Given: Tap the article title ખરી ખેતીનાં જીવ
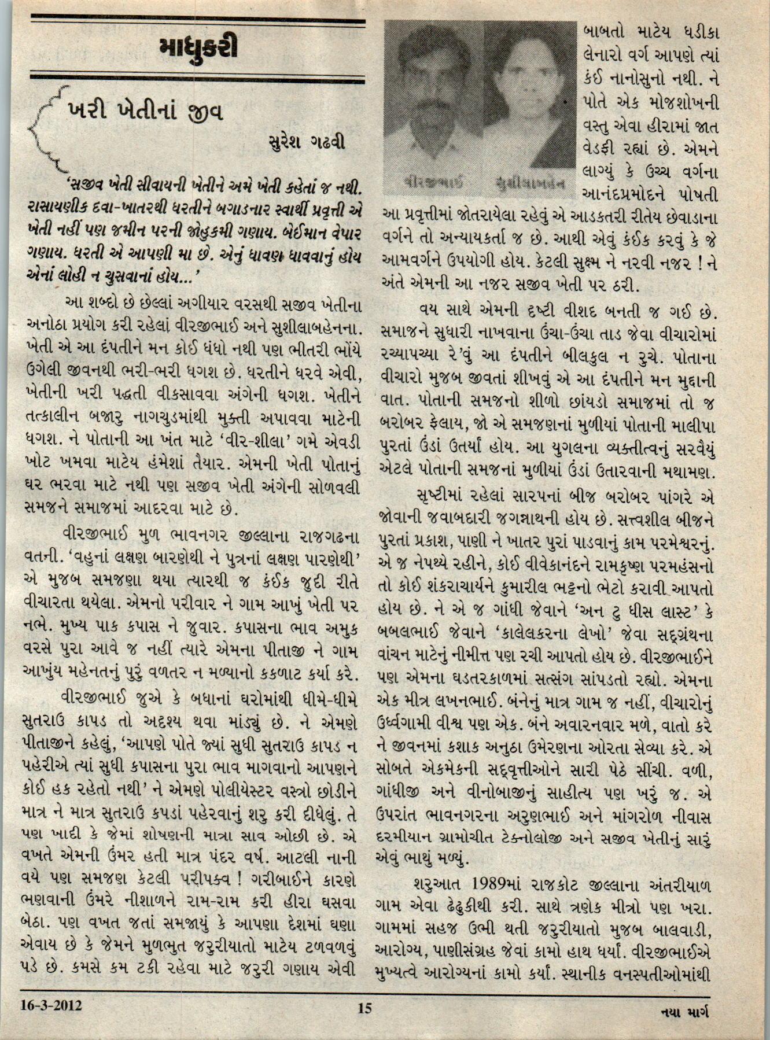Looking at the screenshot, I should click(145, 111).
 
